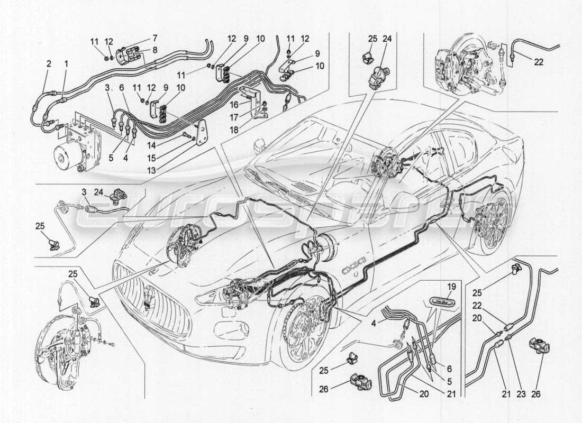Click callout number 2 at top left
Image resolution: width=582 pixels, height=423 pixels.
tap(49, 63)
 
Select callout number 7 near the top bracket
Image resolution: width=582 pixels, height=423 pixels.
tap(154, 38)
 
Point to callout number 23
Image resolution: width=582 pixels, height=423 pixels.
tap(516, 394)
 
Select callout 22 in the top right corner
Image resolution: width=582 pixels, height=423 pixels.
tap(539, 61)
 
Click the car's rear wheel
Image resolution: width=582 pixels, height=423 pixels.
tap(495, 222)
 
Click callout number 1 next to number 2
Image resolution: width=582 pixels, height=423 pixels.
tap(66, 63)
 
